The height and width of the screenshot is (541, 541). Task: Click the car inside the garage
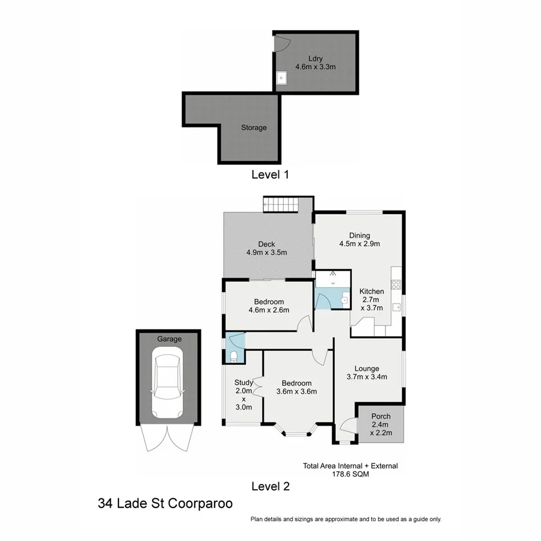coord(168,386)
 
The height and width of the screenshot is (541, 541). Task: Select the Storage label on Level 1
coord(254,127)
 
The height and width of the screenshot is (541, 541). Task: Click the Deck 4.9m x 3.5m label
coord(266,248)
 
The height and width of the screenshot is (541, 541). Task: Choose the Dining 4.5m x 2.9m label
coord(360,239)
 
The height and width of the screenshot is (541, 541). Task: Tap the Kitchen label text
coord(371,292)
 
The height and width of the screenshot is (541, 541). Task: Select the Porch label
coord(381,416)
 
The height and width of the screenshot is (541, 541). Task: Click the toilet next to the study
coord(234,357)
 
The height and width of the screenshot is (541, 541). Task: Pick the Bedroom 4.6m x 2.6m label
coord(269,306)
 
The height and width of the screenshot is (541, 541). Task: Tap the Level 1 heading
coord(270,175)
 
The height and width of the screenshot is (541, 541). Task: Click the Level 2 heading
coord(270,486)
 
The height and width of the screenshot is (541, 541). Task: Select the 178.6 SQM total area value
coord(350,474)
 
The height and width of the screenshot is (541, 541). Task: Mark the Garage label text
coord(169,339)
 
